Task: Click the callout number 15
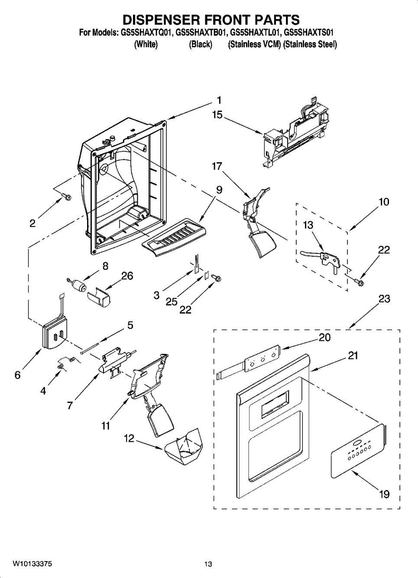point(217,114)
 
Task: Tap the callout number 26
point(127,276)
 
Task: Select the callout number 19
point(384,494)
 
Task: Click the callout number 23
point(384,299)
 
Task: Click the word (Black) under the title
point(201,44)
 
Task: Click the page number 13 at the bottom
point(208,564)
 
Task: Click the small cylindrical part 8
point(78,286)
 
